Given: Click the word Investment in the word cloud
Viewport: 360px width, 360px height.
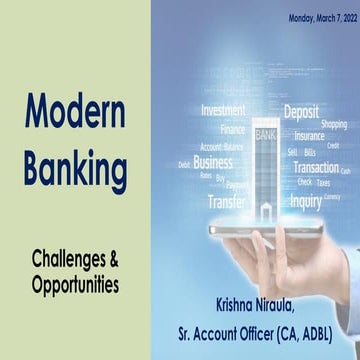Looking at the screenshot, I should tap(223, 111).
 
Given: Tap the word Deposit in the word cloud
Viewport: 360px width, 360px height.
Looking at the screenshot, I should tap(301, 112).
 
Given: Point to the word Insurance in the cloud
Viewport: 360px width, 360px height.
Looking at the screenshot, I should tap(308, 135).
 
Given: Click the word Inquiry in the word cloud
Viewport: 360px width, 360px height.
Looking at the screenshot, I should tap(305, 200).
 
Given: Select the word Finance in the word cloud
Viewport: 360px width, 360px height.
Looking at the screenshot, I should tap(233, 129).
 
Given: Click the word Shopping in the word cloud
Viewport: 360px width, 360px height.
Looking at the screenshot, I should tap(334, 124).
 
